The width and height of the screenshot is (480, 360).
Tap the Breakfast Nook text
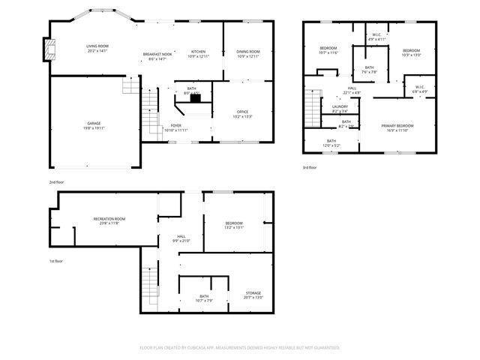pos(157,55)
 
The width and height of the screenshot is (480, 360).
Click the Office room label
pos(243,114)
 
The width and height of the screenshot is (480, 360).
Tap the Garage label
pos(94,124)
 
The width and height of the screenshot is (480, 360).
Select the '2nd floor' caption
pos(56,182)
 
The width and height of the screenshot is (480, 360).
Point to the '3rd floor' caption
pos(309,167)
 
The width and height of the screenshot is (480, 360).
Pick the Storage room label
pos(253,295)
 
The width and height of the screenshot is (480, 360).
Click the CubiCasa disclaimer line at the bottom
pos(240,348)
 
